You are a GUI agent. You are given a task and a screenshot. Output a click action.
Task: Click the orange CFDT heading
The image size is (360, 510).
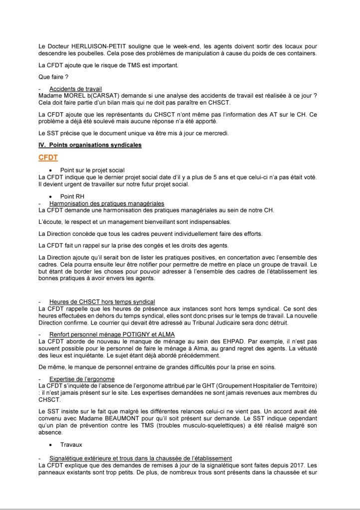[x=48, y=158]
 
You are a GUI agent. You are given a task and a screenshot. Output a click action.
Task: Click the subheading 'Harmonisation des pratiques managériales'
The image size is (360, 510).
[x=107, y=203]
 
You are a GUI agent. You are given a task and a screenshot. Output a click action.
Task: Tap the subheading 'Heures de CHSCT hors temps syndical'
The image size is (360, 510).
[x=102, y=302]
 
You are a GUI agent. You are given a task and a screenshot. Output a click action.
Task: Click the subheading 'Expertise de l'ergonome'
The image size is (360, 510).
[x=82, y=379]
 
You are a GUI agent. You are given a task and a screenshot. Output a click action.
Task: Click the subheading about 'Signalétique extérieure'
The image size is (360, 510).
[x=140, y=458]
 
